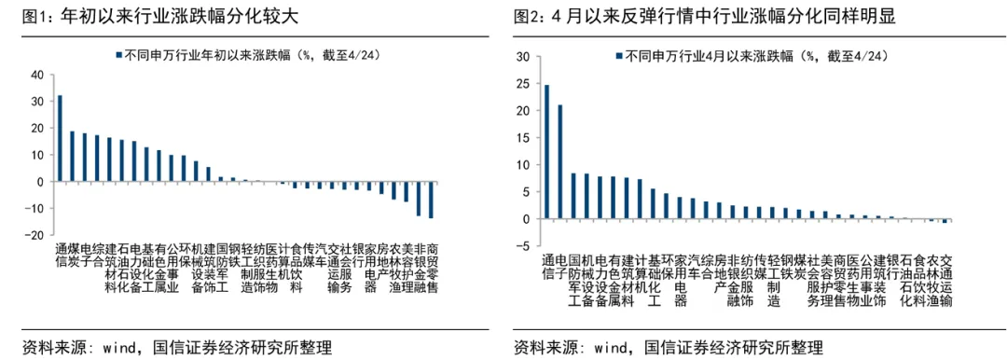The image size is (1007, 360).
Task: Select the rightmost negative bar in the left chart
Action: point(431,200)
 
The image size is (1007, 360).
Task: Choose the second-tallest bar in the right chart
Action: point(559,161)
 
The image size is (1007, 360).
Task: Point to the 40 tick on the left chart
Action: point(37,75)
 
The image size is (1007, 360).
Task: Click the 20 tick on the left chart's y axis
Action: point(37,128)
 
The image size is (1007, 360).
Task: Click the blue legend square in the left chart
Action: point(117,56)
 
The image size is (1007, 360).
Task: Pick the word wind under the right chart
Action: point(602,348)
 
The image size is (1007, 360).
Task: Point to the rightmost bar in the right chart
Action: point(945,221)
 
